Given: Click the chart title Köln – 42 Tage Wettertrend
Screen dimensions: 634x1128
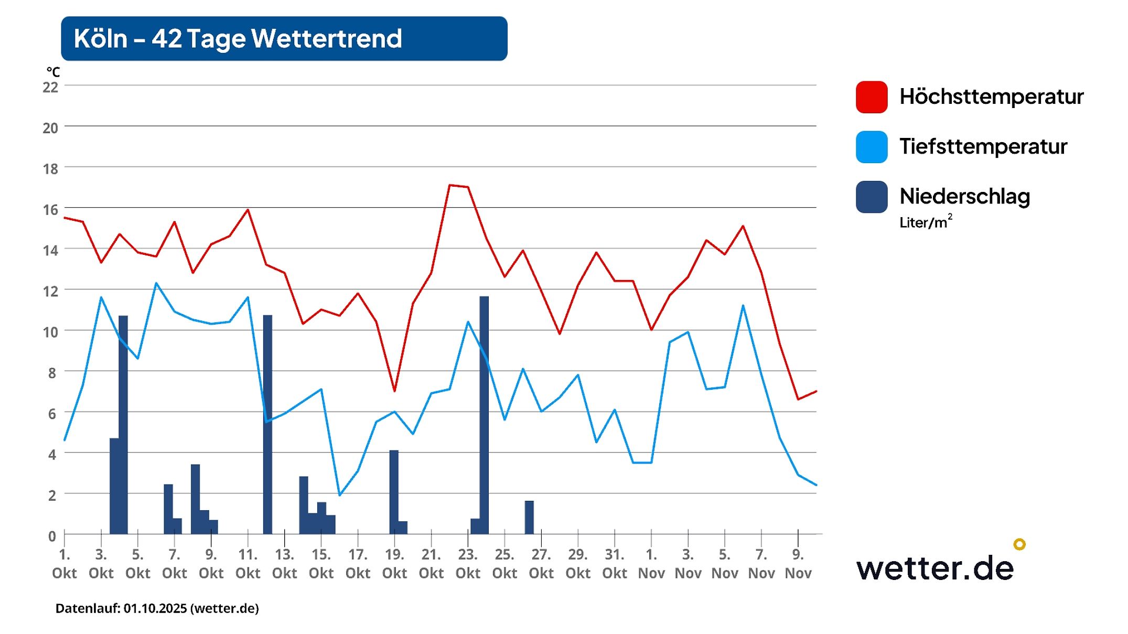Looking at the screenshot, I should point(238,39).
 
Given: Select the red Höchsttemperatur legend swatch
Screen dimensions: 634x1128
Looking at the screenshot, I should point(871,97).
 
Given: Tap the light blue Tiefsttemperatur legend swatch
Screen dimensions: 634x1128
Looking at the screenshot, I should point(871,147).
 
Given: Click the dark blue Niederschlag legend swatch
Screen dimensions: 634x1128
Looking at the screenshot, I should point(871,197).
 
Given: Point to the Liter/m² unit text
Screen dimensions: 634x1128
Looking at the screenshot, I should point(925,222).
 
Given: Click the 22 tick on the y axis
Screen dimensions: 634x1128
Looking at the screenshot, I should point(50,87).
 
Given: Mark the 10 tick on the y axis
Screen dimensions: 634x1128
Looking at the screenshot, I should point(50,332).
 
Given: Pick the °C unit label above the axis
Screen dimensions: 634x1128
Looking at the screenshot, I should point(53,72).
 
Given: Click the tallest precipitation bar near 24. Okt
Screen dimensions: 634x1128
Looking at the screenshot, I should point(484,414).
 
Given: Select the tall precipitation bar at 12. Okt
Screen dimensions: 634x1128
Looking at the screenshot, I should point(267,425).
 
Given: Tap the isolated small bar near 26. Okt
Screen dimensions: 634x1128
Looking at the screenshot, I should point(529,517).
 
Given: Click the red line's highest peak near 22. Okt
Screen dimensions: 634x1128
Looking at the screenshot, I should point(450,185).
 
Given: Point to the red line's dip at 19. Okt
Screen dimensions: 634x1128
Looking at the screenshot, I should point(394,391).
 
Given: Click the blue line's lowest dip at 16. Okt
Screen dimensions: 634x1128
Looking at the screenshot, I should point(340,495).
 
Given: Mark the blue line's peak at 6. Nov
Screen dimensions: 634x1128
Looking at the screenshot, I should point(743,306).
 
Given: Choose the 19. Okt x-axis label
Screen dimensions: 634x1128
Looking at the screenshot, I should point(394,564).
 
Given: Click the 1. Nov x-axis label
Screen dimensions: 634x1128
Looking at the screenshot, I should point(651,564).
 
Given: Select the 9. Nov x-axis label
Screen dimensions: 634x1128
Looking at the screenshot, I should point(798,564).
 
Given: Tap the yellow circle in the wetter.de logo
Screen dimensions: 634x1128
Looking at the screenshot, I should point(1019,544).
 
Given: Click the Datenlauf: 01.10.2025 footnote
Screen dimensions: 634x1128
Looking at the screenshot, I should point(157,608).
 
